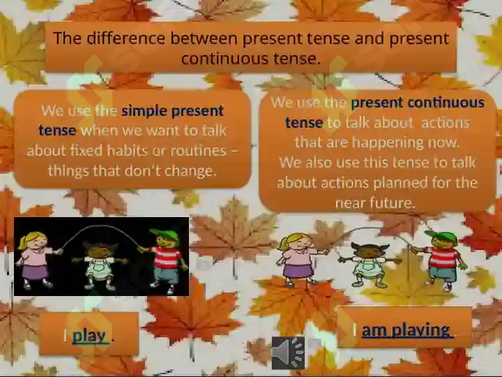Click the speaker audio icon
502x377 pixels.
[x=288, y=353]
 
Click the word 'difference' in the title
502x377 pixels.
[x=125, y=38]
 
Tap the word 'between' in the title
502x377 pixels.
[x=204, y=38]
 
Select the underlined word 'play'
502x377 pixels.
[x=89, y=336]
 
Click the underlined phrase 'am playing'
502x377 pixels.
[x=406, y=330]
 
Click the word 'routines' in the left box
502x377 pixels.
[x=199, y=150]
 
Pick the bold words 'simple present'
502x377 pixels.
[x=172, y=111]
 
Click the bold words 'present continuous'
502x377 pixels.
[x=418, y=103]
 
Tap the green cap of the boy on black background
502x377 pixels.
[x=164, y=233]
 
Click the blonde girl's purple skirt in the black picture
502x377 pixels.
[x=35, y=272]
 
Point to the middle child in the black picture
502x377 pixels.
[x=100, y=265]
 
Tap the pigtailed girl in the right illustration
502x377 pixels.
[x=369, y=265]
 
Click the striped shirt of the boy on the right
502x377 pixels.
[x=443, y=257]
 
